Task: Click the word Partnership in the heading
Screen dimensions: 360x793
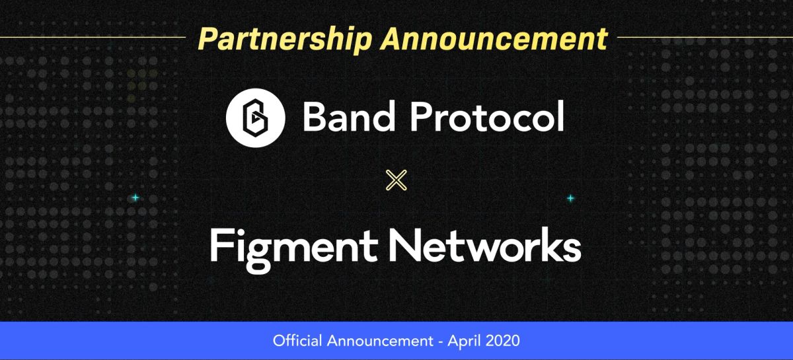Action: click(285, 39)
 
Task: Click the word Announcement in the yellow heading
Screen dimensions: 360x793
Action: click(493, 39)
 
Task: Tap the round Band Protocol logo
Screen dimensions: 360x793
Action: click(256, 117)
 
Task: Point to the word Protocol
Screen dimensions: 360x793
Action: click(486, 118)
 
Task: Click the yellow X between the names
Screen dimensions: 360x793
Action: click(396, 180)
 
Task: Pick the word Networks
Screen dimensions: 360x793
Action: click(485, 246)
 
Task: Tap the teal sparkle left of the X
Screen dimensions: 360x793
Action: click(135, 198)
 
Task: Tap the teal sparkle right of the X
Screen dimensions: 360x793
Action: click(570, 198)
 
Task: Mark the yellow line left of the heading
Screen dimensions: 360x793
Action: click(93, 38)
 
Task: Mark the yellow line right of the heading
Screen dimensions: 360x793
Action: click(704, 38)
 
